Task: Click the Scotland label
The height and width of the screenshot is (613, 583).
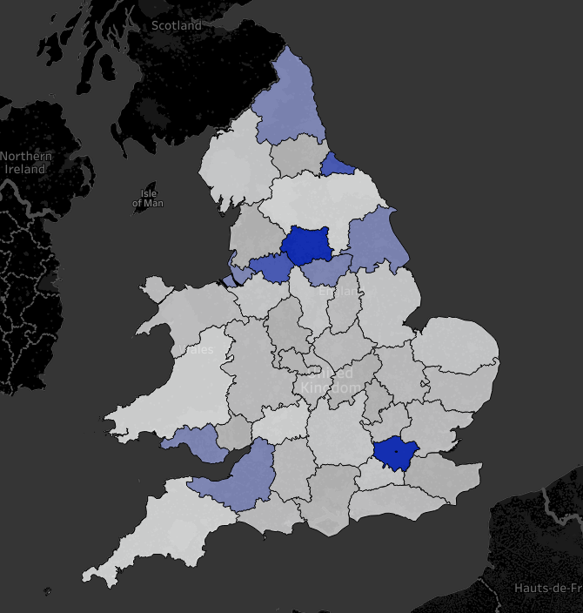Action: click(177, 25)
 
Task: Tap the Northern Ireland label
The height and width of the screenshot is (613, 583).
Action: click(26, 162)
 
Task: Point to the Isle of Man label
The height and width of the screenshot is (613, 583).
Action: click(148, 198)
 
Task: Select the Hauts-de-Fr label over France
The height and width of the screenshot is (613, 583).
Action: click(546, 588)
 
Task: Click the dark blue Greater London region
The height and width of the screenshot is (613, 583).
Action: click(396, 451)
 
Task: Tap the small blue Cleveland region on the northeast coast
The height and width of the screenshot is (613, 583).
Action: click(338, 164)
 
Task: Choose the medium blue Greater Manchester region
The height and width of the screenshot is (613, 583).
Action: click(271, 267)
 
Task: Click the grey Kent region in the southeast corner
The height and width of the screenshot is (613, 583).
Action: click(448, 479)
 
